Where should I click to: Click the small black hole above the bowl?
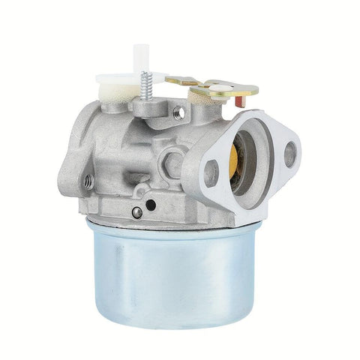point(151,204)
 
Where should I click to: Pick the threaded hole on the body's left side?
point(88,180)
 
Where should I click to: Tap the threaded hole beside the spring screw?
point(178,112)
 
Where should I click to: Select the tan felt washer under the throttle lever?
point(202,95)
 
